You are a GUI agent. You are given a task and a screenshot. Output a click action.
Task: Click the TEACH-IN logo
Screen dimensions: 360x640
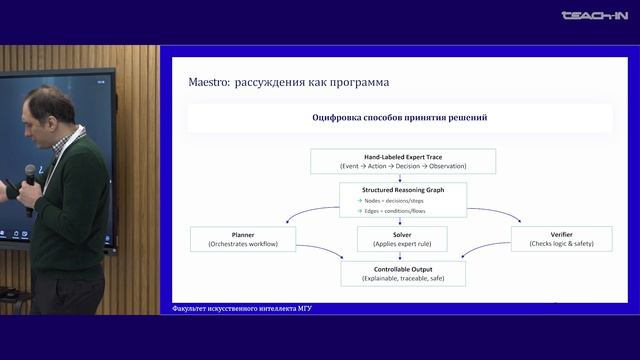594,15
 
